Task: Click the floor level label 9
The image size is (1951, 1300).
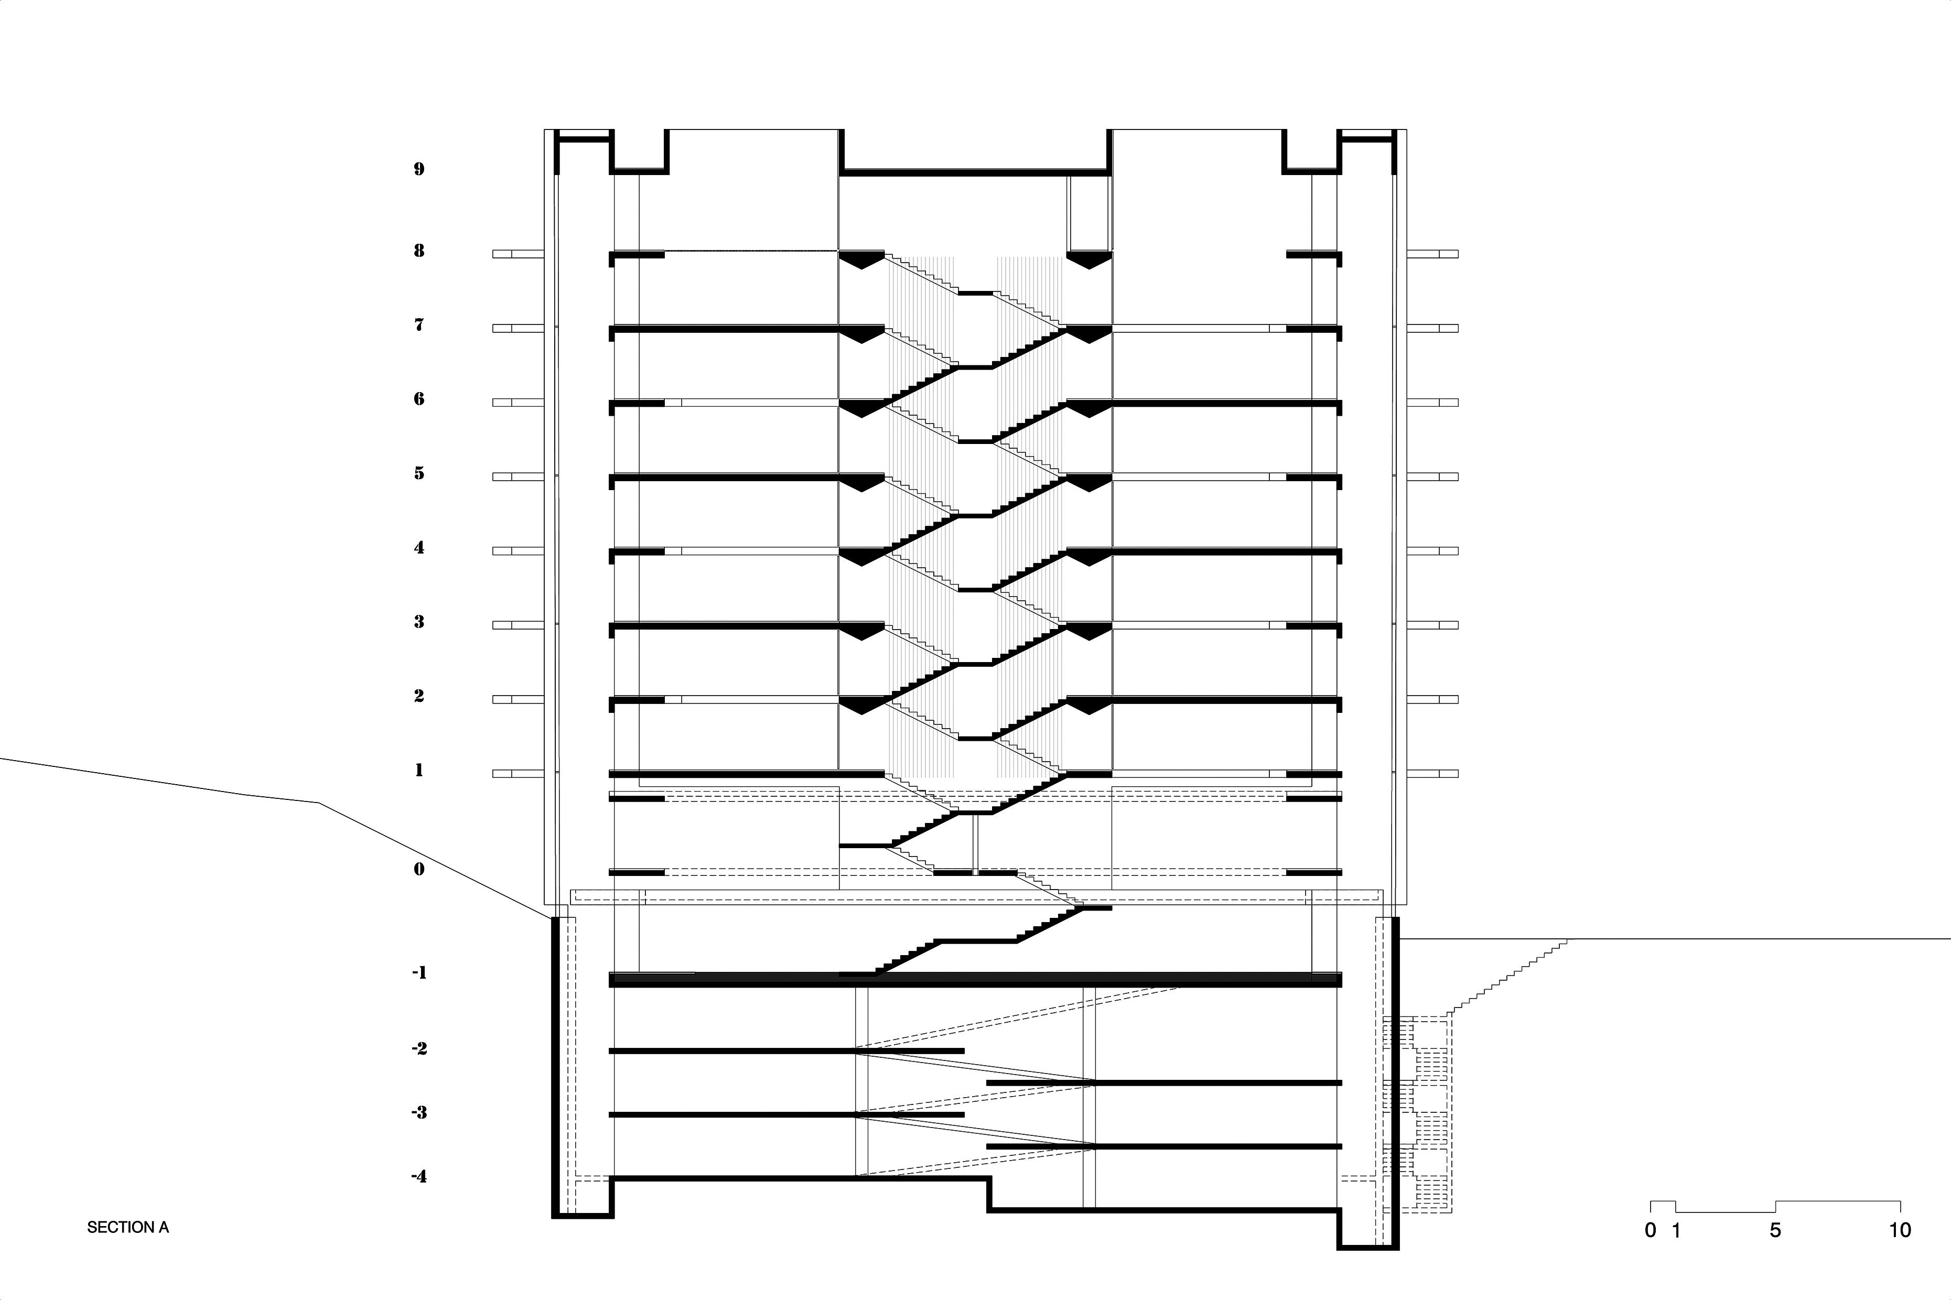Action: click(419, 169)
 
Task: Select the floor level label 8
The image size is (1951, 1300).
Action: click(419, 251)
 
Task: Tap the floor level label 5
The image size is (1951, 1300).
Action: click(419, 473)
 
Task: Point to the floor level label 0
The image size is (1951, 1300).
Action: click(419, 869)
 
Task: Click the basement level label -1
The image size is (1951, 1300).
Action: click(419, 972)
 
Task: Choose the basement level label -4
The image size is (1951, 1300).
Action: click(419, 1176)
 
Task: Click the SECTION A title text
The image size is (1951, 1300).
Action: click(128, 1227)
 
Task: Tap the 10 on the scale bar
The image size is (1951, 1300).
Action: click(1900, 1230)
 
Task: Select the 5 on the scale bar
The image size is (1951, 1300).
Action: click(1775, 1230)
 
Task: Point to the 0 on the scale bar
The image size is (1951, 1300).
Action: click(1650, 1230)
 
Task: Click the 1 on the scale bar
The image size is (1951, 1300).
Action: click(1676, 1230)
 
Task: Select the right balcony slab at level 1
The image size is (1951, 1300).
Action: click(1433, 774)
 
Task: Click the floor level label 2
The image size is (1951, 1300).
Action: click(419, 696)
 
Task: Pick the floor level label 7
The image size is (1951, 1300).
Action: click(419, 325)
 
